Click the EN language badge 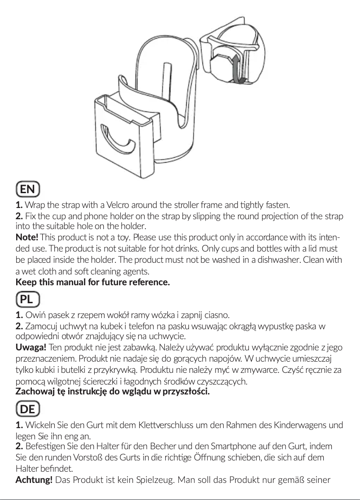click(x=27, y=189)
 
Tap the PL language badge click(x=27, y=298)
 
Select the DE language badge click(x=27, y=409)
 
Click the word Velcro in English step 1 click(x=118, y=206)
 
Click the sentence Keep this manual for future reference click(x=93, y=283)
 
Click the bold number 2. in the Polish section click(x=20, y=326)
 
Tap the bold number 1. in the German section click(x=20, y=425)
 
